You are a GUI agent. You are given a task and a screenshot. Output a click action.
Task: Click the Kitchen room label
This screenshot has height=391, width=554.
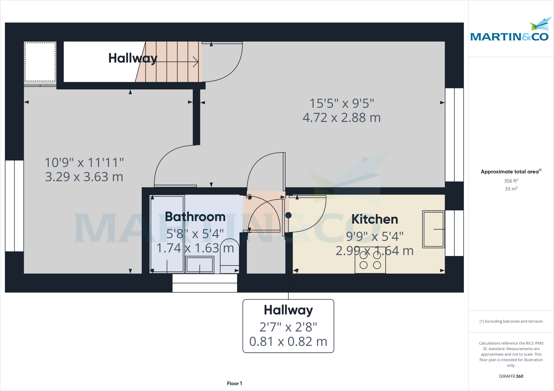[375, 219]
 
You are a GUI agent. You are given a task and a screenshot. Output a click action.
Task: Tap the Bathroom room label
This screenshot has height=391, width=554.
[195, 217]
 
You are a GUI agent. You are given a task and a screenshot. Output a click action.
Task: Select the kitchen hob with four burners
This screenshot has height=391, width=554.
[370, 260]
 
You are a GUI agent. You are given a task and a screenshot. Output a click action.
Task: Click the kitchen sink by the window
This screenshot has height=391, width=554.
[433, 229]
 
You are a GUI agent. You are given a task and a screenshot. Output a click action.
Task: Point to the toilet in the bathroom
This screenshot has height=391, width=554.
[229, 255]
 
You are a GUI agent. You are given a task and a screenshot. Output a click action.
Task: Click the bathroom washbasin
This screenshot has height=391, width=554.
[200, 265]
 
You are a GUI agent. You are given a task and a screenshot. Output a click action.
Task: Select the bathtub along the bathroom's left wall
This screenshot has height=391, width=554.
[167, 234]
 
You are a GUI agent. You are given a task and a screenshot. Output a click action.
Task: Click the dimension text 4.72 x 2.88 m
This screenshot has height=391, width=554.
[341, 118]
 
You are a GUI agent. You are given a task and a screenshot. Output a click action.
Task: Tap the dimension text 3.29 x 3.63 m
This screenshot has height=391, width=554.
[84, 177]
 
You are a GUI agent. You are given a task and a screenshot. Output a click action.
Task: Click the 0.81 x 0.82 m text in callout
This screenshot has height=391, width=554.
[288, 342]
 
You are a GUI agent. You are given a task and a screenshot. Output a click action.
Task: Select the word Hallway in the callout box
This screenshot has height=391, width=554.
[288, 310]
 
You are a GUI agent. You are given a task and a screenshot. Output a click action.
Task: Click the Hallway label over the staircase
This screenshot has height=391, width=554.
[133, 58]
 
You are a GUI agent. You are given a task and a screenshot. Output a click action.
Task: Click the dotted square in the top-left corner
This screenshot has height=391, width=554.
[40, 62]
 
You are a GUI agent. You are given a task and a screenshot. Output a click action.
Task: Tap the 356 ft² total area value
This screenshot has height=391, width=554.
[511, 181]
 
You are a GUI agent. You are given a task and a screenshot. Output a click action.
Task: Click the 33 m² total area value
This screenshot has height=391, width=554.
[511, 189]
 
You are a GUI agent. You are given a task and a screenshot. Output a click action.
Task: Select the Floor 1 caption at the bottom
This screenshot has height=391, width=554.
[234, 383]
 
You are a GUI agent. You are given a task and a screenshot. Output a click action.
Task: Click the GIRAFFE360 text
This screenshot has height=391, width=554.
[511, 376]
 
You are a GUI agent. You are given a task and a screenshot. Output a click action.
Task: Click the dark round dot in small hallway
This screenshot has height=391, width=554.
[288, 215]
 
